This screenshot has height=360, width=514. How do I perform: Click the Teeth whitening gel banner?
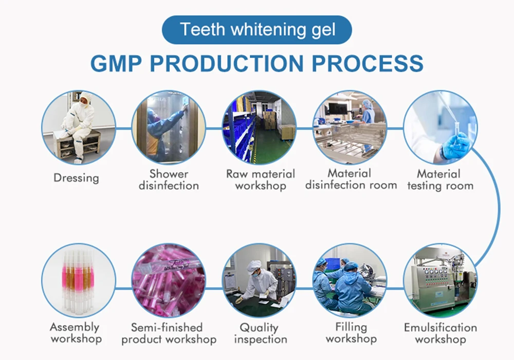point(257,29)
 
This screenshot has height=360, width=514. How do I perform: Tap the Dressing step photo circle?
point(78,127)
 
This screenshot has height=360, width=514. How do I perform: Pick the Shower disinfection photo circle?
point(169,127)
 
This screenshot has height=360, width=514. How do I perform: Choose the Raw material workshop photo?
point(259,127)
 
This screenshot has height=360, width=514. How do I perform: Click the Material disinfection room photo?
point(350,127)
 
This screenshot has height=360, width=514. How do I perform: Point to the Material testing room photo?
point(440,127)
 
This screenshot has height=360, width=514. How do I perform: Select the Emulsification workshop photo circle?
point(440,280)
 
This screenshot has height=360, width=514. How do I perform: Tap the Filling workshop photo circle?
point(350,280)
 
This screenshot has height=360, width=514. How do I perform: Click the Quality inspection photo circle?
point(259,280)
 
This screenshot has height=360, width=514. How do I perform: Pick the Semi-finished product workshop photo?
point(169,280)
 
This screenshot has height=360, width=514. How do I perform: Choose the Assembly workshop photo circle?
point(78,280)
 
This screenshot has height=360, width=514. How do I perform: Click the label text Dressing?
point(76,178)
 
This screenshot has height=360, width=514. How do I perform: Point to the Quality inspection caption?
point(259,333)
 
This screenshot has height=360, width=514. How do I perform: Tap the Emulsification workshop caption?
point(440,333)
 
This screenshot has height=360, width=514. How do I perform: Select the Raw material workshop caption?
point(260,180)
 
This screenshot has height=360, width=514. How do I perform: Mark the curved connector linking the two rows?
point(498,206)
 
